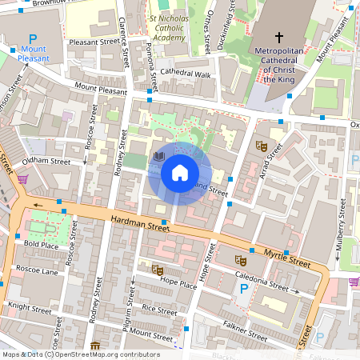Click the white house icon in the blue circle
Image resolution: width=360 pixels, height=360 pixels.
[x=180, y=172]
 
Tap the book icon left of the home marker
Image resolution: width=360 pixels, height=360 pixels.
[x=158, y=157]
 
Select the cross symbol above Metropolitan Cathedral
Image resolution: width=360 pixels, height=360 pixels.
[x=279, y=38]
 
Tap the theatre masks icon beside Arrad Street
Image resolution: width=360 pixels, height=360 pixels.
[x=260, y=146]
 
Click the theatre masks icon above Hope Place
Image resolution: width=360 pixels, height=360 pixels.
[x=158, y=269]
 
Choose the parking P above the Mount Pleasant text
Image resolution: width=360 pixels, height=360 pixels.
[x=33, y=39]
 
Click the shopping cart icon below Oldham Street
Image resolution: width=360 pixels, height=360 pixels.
[x=23, y=179]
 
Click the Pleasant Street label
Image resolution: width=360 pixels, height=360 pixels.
[x=93, y=43]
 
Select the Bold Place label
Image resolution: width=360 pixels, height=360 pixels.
[x=41, y=245]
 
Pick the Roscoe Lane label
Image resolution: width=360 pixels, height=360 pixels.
[x=38, y=270]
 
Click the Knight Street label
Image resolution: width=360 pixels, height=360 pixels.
[x=29, y=306]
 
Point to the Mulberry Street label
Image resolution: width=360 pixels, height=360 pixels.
[x=341, y=228]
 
